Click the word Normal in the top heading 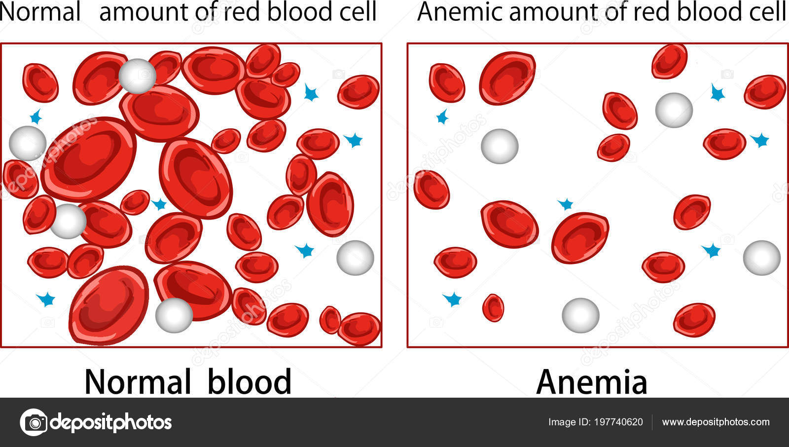tap(40, 11)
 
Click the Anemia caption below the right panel tap(592, 382)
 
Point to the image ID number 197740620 tap(618, 422)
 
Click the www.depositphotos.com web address tap(716, 422)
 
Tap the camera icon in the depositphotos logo tap(34, 422)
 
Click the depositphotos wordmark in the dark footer tap(111, 422)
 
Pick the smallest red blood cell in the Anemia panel tap(493, 308)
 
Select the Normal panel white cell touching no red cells tap(355, 258)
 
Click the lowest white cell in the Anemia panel tap(580, 315)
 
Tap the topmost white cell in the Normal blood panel tap(138, 76)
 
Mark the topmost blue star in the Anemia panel tap(717, 92)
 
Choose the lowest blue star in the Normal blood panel tap(46, 299)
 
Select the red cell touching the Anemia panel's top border tap(669, 61)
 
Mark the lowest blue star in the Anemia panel tap(452, 299)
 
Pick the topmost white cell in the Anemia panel tap(674, 110)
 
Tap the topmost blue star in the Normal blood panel tap(311, 92)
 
